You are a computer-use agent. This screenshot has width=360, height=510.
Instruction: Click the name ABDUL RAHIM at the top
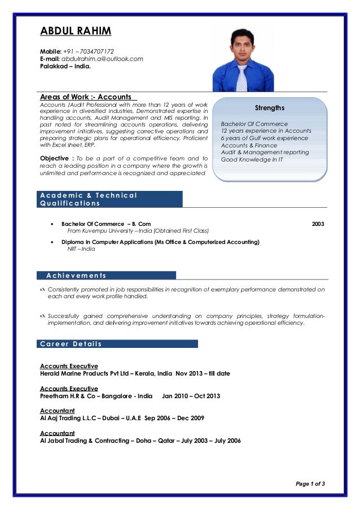tap(76, 30)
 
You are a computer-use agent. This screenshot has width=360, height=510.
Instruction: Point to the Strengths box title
tap(270, 108)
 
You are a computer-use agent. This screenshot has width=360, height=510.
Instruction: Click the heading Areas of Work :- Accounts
tap(86, 97)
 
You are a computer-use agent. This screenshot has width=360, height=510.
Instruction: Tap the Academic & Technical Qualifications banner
tap(111, 199)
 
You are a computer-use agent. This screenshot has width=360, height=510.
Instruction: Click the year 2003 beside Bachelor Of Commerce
tap(318, 224)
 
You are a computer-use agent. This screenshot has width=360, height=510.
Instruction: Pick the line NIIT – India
tap(81, 249)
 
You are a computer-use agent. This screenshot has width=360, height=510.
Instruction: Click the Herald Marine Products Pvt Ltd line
tap(135, 374)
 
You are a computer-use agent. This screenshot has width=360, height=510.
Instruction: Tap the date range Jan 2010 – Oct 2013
tap(191, 396)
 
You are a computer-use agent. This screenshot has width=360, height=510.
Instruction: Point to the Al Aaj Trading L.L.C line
tap(122, 418)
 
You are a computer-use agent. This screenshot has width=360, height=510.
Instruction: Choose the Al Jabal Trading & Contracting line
tap(141, 441)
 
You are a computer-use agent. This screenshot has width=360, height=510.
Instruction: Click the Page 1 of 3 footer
tap(310, 483)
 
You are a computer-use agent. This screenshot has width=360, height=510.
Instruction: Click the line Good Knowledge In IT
tap(252, 159)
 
